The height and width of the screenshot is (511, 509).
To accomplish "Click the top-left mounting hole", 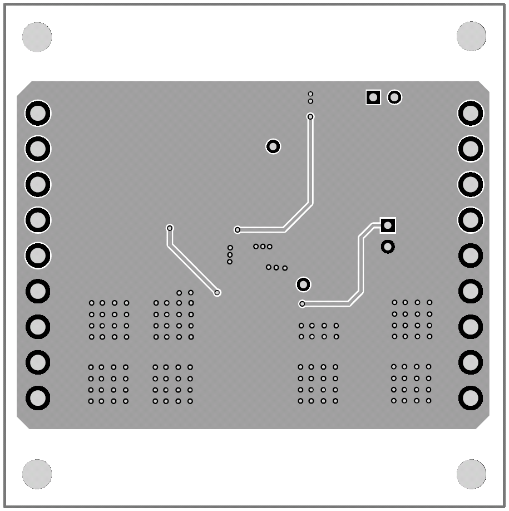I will pyautogui.click(x=37, y=37).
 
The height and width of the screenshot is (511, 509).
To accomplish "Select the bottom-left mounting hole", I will pyautogui.click(x=37, y=474).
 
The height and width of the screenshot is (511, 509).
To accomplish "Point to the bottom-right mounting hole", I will pyautogui.click(x=471, y=474).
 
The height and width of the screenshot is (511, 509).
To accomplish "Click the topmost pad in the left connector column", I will pyautogui.click(x=38, y=114).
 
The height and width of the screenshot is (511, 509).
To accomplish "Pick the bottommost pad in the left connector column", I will pyautogui.click(x=38, y=398).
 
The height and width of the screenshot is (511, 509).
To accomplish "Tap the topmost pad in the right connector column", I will pyautogui.click(x=471, y=114).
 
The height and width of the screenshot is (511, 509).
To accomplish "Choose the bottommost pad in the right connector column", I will pyautogui.click(x=471, y=398).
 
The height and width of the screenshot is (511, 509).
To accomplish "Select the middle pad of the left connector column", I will pyautogui.click(x=38, y=255).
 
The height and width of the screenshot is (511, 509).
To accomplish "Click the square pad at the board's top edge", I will pyautogui.click(x=373, y=97).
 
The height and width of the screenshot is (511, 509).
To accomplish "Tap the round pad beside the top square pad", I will pyautogui.click(x=394, y=97).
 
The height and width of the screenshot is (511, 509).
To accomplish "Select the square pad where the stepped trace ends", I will pyautogui.click(x=388, y=225).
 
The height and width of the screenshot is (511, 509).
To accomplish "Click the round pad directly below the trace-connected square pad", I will pyautogui.click(x=388, y=246).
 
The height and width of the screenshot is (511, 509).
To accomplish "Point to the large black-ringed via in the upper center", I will pyautogui.click(x=273, y=146).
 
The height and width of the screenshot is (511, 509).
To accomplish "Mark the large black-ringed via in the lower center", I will pyautogui.click(x=303, y=284).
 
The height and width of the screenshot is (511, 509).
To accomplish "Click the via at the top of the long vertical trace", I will pyautogui.click(x=310, y=116).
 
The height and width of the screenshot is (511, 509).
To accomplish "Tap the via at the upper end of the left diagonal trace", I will pyautogui.click(x=170, y=228).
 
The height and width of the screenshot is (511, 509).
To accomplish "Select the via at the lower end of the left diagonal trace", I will pyautogui.click(x=218, y=292).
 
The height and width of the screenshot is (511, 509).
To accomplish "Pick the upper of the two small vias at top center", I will pyautogui.click(x=310, y=94).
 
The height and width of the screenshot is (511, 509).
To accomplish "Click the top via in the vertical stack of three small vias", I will pyautogui.click(x=230, y=248).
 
